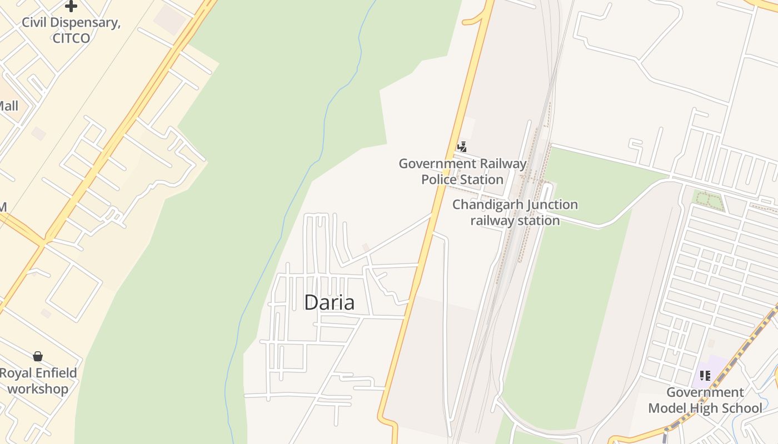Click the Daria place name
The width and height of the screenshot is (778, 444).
pyautogui.click(x=329, y=302)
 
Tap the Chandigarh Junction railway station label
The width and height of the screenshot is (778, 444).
pyautogui.click(x=515, y=213)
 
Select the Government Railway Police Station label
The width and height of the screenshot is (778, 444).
pyautogui.click(x=462, y=171)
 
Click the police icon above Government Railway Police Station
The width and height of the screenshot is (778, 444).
pyautogui.click(x=462, y=147)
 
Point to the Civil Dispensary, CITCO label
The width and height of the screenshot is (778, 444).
pyautogui.click(x=71, y=31)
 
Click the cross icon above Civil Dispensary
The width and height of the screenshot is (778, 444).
pyautogui.click(x=71, y=6)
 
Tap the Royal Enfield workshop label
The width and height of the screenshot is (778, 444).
pyautogui.click(x=38, y=381)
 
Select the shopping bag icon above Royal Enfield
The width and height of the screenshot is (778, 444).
pyautogui.click(x=38, y=356)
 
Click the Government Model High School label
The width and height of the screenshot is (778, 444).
pyautogui.click(x=705, y=400)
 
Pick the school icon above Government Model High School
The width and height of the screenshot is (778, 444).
pyautogui.click(x=705, y=376)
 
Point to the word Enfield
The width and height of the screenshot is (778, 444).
pyautogui.click(x=54, y=373)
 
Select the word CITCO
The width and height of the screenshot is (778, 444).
pyautogui.click(x=71, y=38)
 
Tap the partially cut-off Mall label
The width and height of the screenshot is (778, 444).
pyautogui.click(x=8, y=106)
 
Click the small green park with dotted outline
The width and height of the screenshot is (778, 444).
pyautogui.click(x=707, y=200)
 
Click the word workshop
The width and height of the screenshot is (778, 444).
pyautogui.click(x=38, y=389)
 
